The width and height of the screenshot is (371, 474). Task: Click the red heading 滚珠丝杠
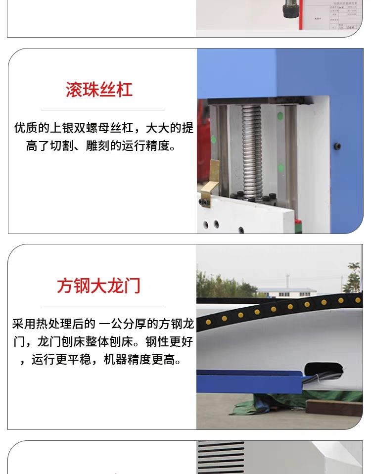click(99, 90)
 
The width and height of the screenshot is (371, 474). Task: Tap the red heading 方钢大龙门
click(99, 285)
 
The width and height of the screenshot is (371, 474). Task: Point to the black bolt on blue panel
click(337, 146)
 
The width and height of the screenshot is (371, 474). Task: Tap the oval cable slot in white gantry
click(324, 370)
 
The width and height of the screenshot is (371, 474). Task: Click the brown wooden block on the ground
click(334, 408)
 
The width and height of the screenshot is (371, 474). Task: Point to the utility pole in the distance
click(287, 282)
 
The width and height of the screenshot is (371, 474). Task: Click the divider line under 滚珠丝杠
click(103, 110)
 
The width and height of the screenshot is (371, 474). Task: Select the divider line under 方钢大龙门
click(102, 306)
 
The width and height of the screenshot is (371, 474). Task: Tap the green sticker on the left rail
click(213, 140)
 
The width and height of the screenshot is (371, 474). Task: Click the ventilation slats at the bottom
click(221, 457)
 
